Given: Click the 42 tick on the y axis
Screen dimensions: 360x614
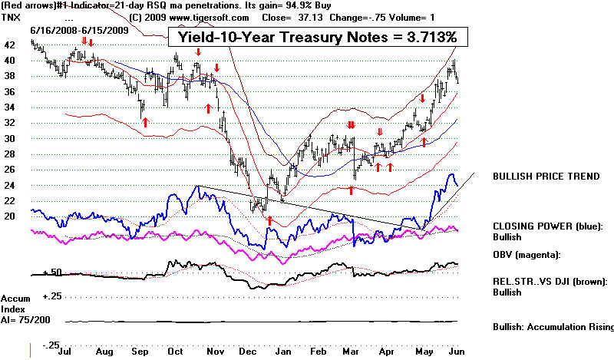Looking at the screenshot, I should (10, 45).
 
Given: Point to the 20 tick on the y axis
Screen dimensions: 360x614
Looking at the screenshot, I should (10, 216).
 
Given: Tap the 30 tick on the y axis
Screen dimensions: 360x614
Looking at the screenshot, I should (10, 138).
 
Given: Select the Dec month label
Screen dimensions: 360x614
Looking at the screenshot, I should (247, 350).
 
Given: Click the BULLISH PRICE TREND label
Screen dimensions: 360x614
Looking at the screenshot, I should (546, 176).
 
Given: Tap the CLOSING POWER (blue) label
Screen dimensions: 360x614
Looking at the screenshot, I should (548, 227).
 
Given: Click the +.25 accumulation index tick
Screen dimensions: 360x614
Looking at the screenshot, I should (51, 296).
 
